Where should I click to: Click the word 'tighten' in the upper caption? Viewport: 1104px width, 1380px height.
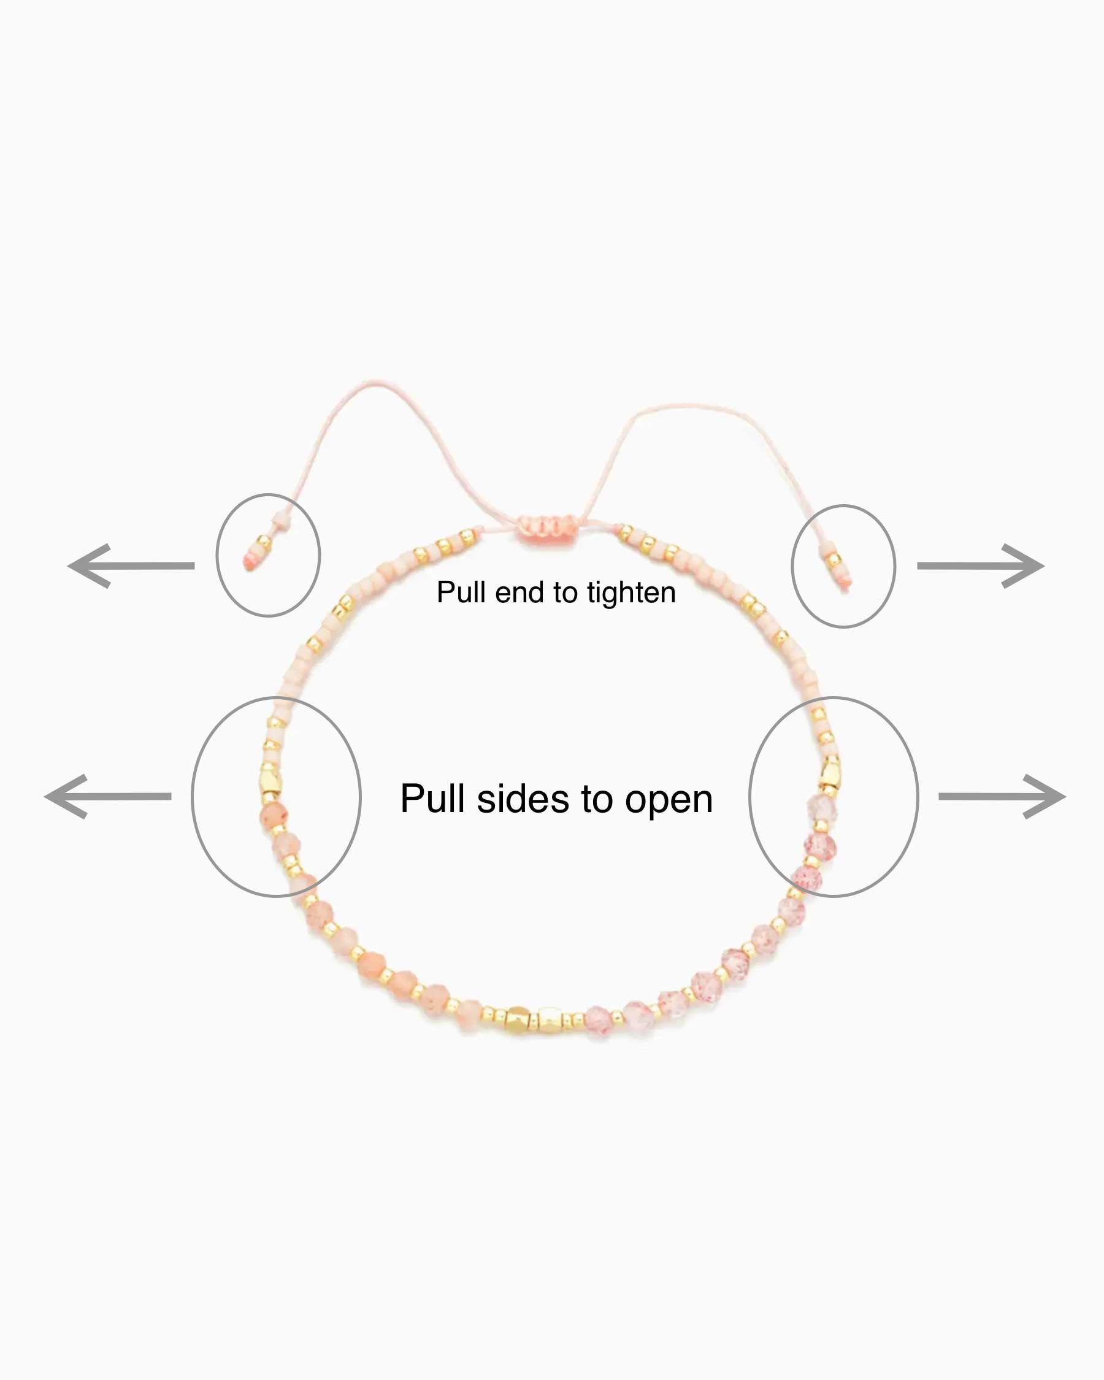pyautogui.click(x=631, y=592)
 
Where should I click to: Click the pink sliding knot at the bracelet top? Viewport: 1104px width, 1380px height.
pyautogui.click(x=546, y=527)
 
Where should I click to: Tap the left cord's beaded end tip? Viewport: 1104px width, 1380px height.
pyautogui.click(x=249, y=562)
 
